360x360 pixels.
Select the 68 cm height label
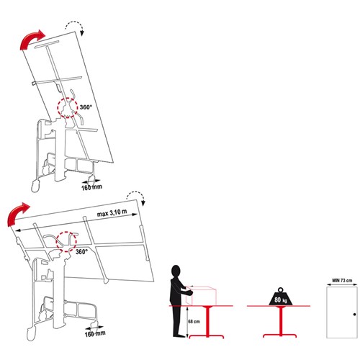coord(193,321)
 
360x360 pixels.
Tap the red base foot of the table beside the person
coord(210,335)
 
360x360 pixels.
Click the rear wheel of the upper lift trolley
coord(34,187)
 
